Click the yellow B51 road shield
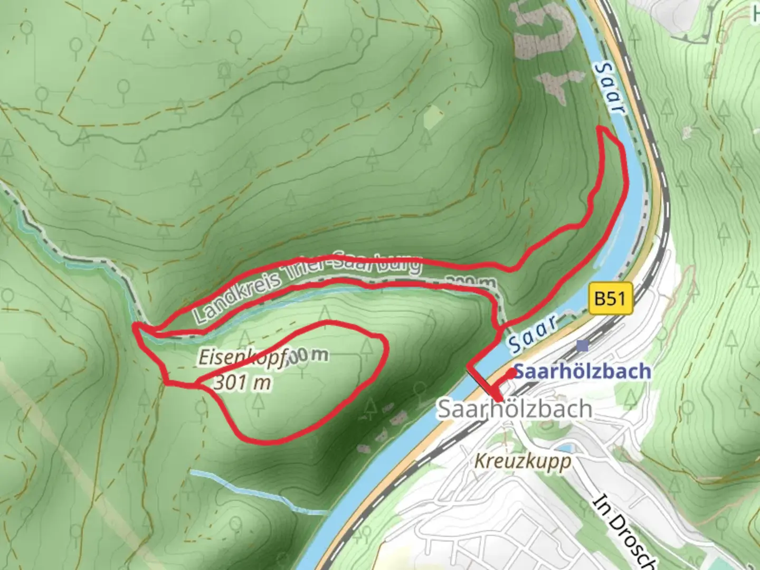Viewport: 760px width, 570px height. tap(610, 298)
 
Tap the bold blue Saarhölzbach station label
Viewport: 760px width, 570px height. tap(582, 372)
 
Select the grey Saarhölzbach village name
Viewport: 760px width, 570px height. tap(515, 409)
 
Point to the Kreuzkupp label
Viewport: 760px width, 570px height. tap(522, 461)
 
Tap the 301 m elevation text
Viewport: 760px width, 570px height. tap(242, 383)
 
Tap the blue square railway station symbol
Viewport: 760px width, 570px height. tap(582, 346)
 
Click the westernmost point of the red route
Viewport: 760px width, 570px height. tap(135, 328)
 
